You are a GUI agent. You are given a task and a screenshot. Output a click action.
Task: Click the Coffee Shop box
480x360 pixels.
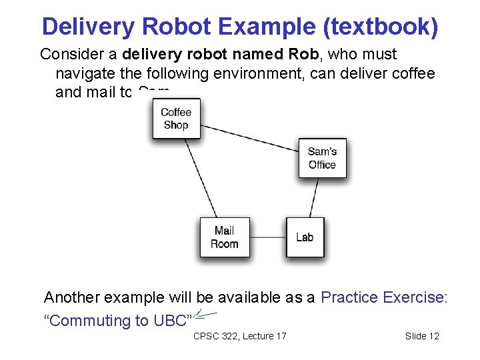(176, 119)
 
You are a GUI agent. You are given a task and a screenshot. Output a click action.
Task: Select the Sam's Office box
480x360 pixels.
(323, 158)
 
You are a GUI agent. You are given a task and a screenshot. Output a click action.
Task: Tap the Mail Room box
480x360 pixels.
(225, 237)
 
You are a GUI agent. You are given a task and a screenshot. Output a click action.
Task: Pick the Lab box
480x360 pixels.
(305, 237)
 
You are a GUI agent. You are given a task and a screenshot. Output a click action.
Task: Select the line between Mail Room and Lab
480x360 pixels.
(268, 237)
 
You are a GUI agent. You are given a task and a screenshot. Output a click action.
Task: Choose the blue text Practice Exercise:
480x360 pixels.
(384, 297)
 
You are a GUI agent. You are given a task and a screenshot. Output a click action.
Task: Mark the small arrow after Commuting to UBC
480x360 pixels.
(207, 315)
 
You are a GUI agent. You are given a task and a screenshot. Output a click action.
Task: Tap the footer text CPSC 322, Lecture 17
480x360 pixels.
(239, 336)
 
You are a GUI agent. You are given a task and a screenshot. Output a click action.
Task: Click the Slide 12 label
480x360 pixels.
(422, 336)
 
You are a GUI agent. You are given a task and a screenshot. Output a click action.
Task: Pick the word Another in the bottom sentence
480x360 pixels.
(71, 297)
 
